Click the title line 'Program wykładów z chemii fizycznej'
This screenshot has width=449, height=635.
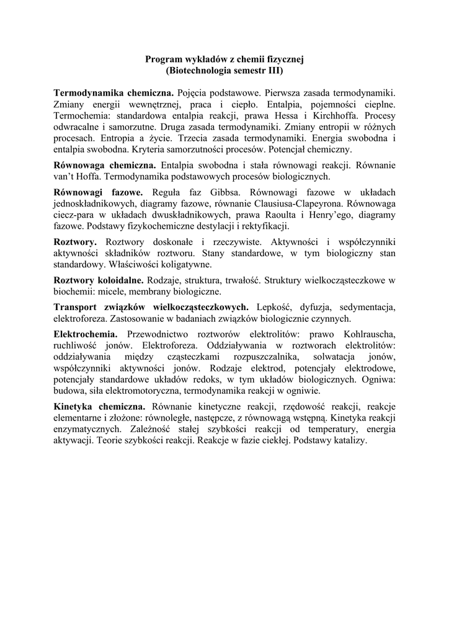tap(224, 60)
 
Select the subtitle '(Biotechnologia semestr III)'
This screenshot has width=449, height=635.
tap(224, 71)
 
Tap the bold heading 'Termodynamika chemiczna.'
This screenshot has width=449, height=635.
tap(113, 92)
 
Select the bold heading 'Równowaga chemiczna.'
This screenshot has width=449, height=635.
tap(105, 166)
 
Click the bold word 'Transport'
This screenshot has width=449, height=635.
tap(76, 307)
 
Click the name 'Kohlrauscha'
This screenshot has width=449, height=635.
tap(365, 334)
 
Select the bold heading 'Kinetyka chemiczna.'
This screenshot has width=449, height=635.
tap(99, 407)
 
